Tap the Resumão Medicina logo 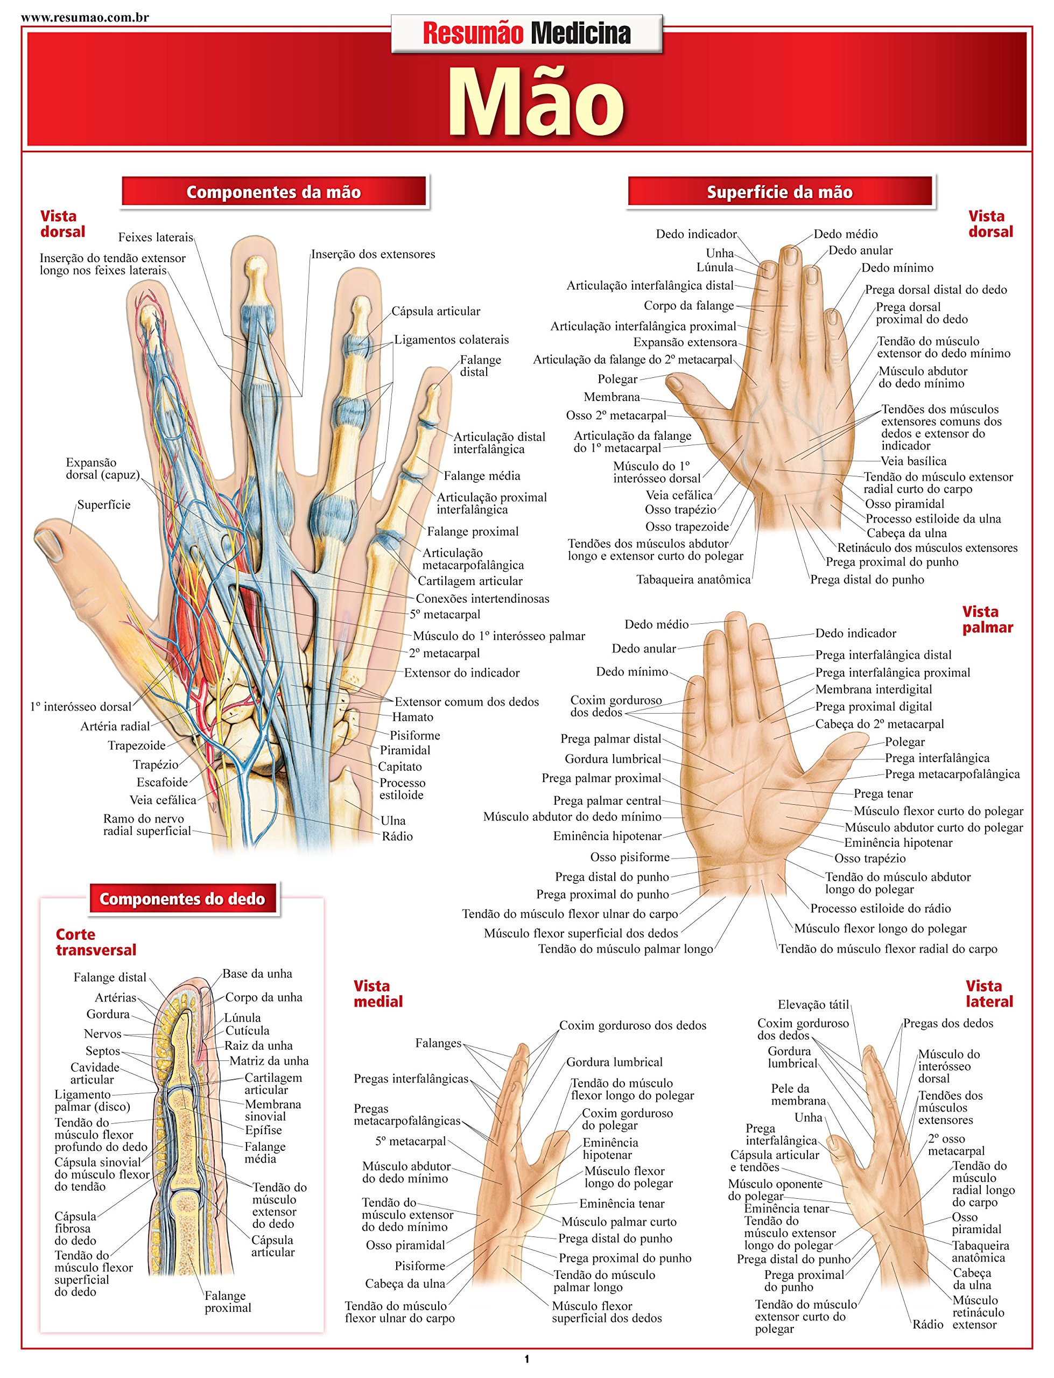click(x=526, y=33)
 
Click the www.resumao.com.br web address click(x=85, y=17)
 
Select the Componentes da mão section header click(x=273, y=192)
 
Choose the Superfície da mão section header click(x=779, y=192)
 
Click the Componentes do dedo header click(x=182, y=899)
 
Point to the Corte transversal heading click(x=95, y=942)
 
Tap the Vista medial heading click(x=378, y=994)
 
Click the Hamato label click(x=412, y=717)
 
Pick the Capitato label click(x=399, y=767)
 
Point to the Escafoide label click(x=162, y=782)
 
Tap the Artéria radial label click(x=115, y=726)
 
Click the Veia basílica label click(x=914, y=461)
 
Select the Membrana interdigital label click(x=873, y=690)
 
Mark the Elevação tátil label click(x=813, y=1005)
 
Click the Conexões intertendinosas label click(x=482, y=599)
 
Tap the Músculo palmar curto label click(x=619, y=1221)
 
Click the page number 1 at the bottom click(x=526, y=1359)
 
